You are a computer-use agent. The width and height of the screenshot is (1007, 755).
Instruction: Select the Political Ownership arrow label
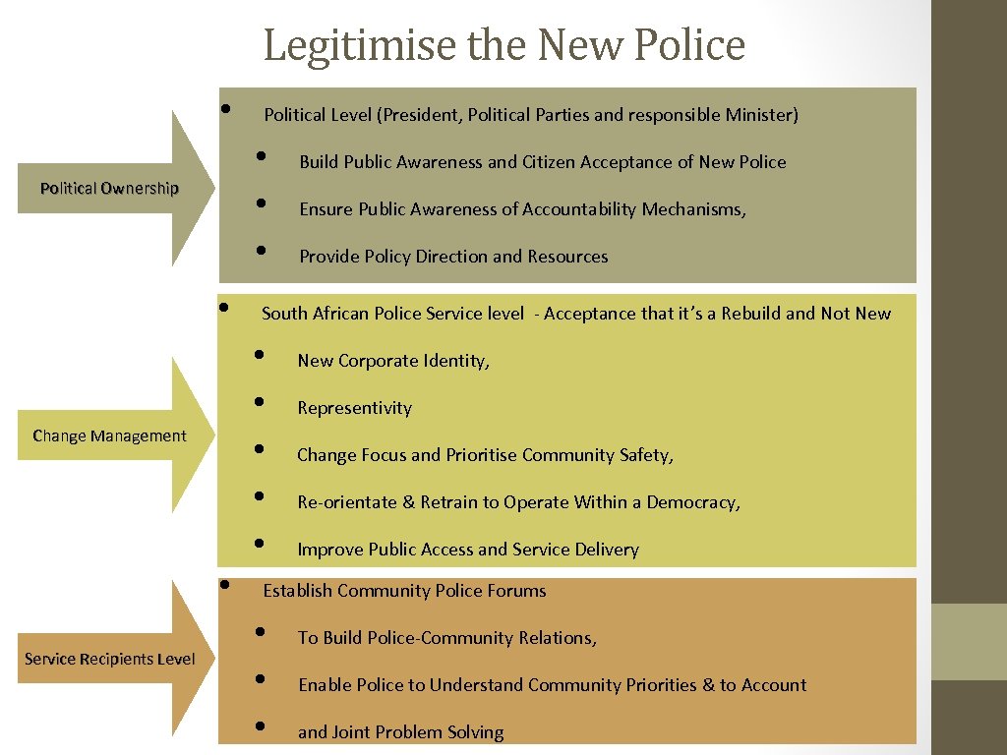(x=109, y=189)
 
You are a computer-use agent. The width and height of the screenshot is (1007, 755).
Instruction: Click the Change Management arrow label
(x=109, y=436)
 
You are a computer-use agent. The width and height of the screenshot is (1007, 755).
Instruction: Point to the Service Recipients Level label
(x=109, y=659)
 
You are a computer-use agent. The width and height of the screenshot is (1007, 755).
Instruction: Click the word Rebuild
(x=750, y=314)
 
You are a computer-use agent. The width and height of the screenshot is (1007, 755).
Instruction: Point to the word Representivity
(x=354, y=408)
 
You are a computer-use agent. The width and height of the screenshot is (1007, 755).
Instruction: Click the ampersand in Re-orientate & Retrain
(x=408, y=502)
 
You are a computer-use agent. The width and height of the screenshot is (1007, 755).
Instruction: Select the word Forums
(x=517, y=591)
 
